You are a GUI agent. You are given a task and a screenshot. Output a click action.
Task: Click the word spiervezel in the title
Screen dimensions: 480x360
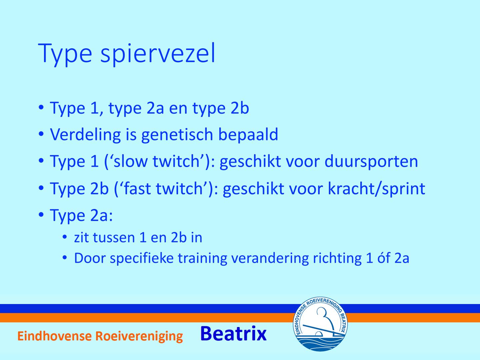[158, 54]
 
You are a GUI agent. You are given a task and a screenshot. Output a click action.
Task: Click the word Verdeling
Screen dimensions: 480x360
[85, 134]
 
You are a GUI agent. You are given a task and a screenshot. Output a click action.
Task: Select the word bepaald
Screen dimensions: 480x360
[248, 135]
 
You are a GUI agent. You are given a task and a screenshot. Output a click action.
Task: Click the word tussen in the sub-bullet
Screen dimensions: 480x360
[114, 238]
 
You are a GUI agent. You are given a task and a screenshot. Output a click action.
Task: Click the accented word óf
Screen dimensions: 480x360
[384, 258]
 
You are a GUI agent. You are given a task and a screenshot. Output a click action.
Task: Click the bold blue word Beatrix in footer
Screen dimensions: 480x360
[234, 334]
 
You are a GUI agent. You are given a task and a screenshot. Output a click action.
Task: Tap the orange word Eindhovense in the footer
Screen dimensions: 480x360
[55, 336]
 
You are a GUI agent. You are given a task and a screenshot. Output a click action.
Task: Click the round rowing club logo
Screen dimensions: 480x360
[320, 324]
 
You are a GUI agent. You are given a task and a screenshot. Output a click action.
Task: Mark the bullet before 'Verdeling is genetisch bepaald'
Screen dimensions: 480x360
[41, 134]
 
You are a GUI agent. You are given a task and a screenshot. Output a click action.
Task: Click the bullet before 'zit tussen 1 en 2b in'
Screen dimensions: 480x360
[65, 237]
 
